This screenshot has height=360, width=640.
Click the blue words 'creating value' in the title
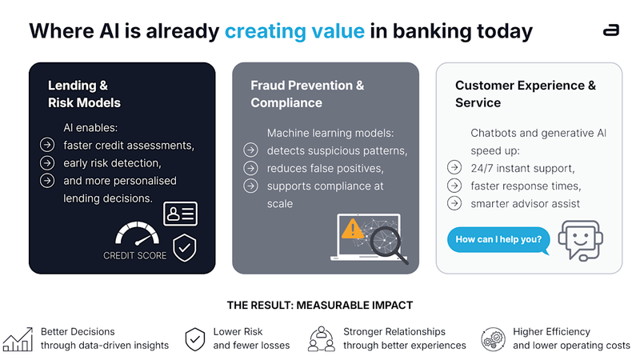point(294,31)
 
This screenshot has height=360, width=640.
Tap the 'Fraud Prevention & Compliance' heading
point(307,94)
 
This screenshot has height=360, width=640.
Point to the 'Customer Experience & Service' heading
point(526,94)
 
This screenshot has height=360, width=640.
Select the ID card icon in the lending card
point(180,214)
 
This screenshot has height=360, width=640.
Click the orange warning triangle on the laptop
point(351,230)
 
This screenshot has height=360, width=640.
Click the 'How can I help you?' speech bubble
point(499,239)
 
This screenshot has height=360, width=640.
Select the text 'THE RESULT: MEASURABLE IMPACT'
point(320,305)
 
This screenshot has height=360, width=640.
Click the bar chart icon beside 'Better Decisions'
point(17,338)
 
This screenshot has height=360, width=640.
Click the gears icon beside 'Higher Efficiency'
point(493,338)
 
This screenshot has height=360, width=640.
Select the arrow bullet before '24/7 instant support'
point(454,168)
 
